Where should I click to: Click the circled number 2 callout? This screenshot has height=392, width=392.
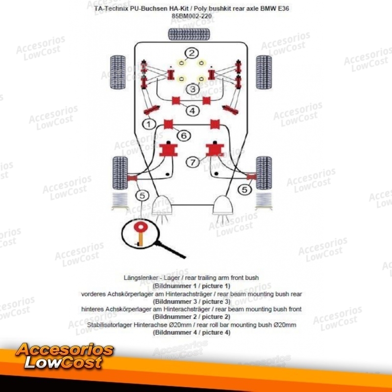coord(192,53)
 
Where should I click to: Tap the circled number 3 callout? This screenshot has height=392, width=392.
coord(193,89)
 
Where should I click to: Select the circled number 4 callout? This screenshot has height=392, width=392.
coord(193,111)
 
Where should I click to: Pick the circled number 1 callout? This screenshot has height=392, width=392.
coord(149,124)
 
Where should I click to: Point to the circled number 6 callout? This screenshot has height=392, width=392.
coord(184,136)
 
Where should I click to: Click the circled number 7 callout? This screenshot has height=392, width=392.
coord(193,163)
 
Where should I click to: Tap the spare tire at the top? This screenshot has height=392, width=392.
coord(189,34)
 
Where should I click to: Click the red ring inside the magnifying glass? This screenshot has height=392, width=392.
coord(141,227)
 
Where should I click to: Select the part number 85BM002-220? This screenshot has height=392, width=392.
coord(192,16)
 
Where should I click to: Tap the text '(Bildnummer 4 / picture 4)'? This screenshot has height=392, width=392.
coord(192,333)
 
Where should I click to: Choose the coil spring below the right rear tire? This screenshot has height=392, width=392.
coord(264,200)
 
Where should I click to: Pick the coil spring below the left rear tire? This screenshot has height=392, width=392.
coord(120,200)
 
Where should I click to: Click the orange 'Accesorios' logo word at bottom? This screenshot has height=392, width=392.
coord(65,349)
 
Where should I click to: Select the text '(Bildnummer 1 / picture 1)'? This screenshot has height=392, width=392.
coord(192,286)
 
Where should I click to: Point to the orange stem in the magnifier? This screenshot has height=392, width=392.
coord(141,239)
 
